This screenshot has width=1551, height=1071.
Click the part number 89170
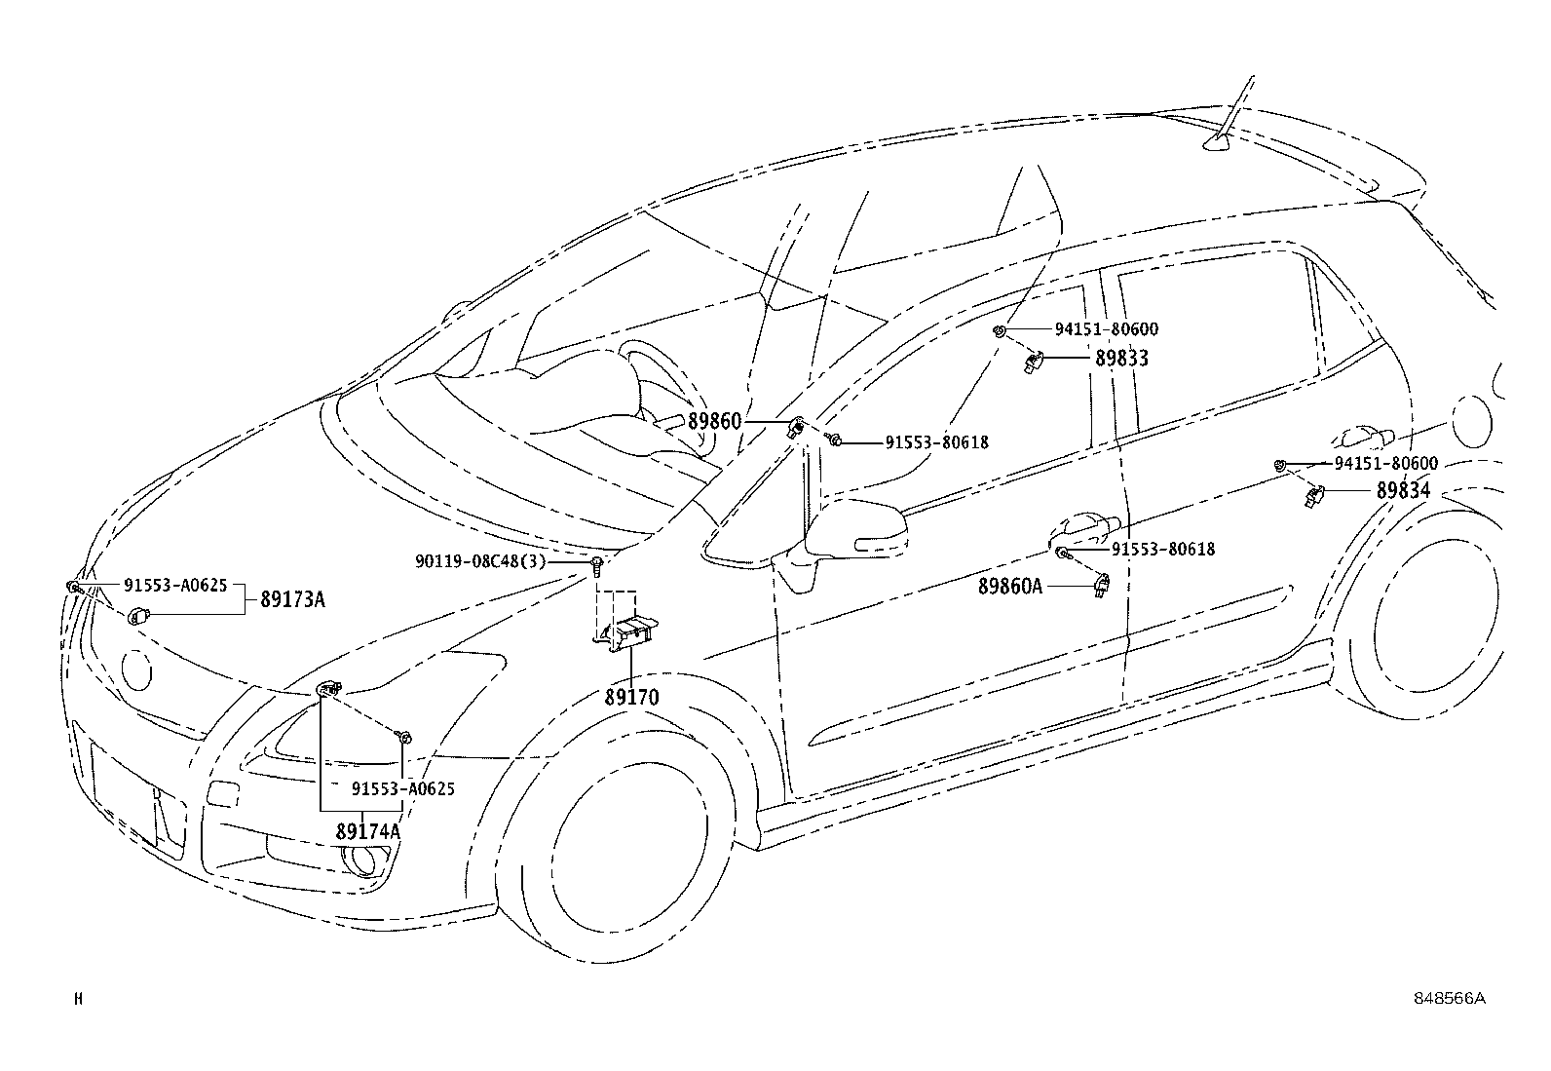pos(631,697)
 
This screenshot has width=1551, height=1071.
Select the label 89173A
pos(292,599)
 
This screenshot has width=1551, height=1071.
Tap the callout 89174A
pos(368,830)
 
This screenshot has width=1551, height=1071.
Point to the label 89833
pos(1121,359)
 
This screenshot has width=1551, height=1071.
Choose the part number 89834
pos(1403,490)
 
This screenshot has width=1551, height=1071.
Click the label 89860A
pos(1010,586)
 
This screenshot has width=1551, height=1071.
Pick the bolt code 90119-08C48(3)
pos(480,561)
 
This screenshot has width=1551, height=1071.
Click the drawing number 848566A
pos(1450,998)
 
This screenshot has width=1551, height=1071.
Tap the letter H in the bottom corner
pos(78,999)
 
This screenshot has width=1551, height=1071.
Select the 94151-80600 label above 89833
pos(1107,329)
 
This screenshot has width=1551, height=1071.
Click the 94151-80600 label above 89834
pos(1386,463)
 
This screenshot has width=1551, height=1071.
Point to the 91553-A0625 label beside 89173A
pos(175,586)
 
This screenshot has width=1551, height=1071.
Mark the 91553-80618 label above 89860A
pos(1163,550)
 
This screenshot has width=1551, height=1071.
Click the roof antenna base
pos(1217,143)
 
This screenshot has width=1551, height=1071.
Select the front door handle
pos(1085,527)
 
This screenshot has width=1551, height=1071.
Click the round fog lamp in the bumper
pos(359,859)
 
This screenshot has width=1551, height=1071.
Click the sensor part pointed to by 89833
pos(1033,362)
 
